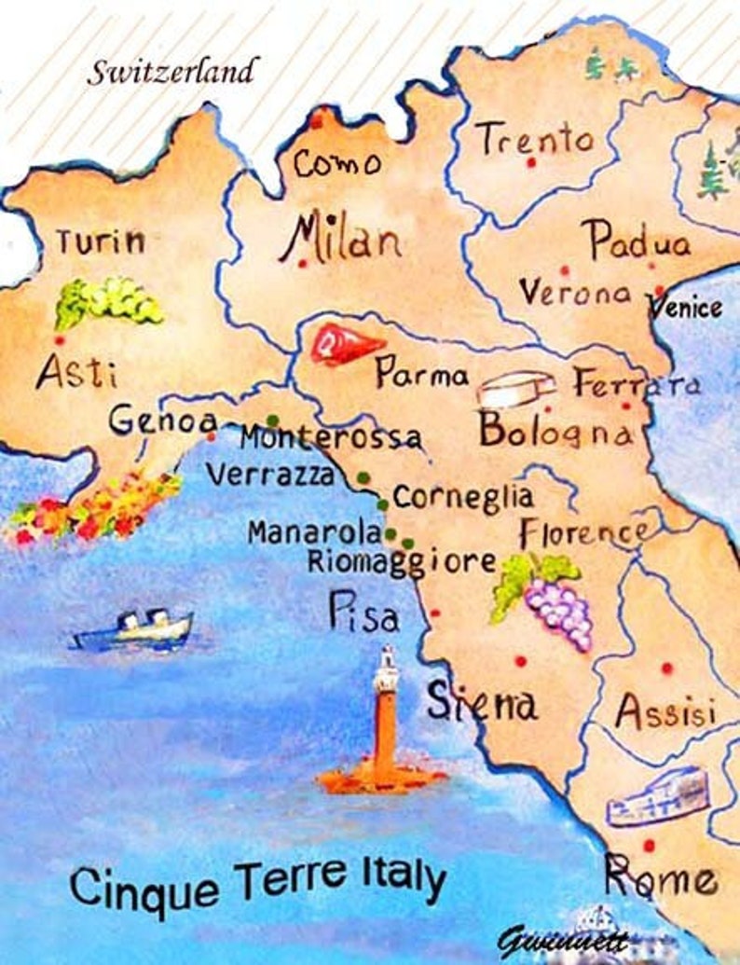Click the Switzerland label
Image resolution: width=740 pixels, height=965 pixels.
pyautogui.click(x=172, y=71)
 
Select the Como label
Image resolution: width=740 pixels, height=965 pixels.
pyautogui.click(x=337, y=164)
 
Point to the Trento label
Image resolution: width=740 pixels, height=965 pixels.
pyautogui.click(x=536, y=141)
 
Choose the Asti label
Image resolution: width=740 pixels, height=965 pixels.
pyautogui.click(x=76, y=374)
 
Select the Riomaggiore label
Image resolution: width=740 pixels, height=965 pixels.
pyautogui.click(x=402, y=562)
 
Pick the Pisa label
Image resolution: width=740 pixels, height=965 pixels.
pyautogui.click(x=363, y=613)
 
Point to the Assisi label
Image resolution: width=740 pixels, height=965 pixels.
pyautogui.click(x=665, y=713)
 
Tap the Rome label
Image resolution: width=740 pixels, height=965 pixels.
pyautogui.click(x=661, y=878)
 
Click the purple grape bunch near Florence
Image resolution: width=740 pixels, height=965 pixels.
pyautogui.click(x=557, y=611)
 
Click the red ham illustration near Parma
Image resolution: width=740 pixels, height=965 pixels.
pyautogui.click(x=345, y=345)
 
